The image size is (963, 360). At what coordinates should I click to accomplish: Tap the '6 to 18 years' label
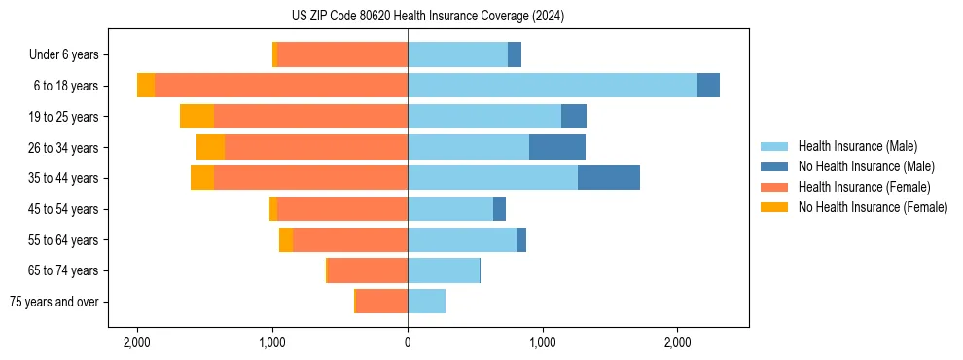66,86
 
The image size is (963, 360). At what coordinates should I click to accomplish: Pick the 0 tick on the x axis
408,343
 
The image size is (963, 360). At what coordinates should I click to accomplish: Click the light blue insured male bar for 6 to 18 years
552,86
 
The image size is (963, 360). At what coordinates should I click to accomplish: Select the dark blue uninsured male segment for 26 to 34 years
556,147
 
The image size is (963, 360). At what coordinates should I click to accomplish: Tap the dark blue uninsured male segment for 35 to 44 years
608,178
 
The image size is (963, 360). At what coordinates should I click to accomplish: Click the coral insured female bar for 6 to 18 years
280,86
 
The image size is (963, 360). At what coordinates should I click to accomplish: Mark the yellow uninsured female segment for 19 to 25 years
196,117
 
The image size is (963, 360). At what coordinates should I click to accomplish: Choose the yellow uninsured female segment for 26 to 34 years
210,147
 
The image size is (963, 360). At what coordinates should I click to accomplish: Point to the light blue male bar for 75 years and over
426,302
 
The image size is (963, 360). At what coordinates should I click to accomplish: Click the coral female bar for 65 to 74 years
368,270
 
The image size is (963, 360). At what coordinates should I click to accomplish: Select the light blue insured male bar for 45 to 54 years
450,209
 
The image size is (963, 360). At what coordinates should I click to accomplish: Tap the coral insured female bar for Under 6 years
342,55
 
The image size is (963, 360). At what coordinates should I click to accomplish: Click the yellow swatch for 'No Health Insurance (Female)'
774,207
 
